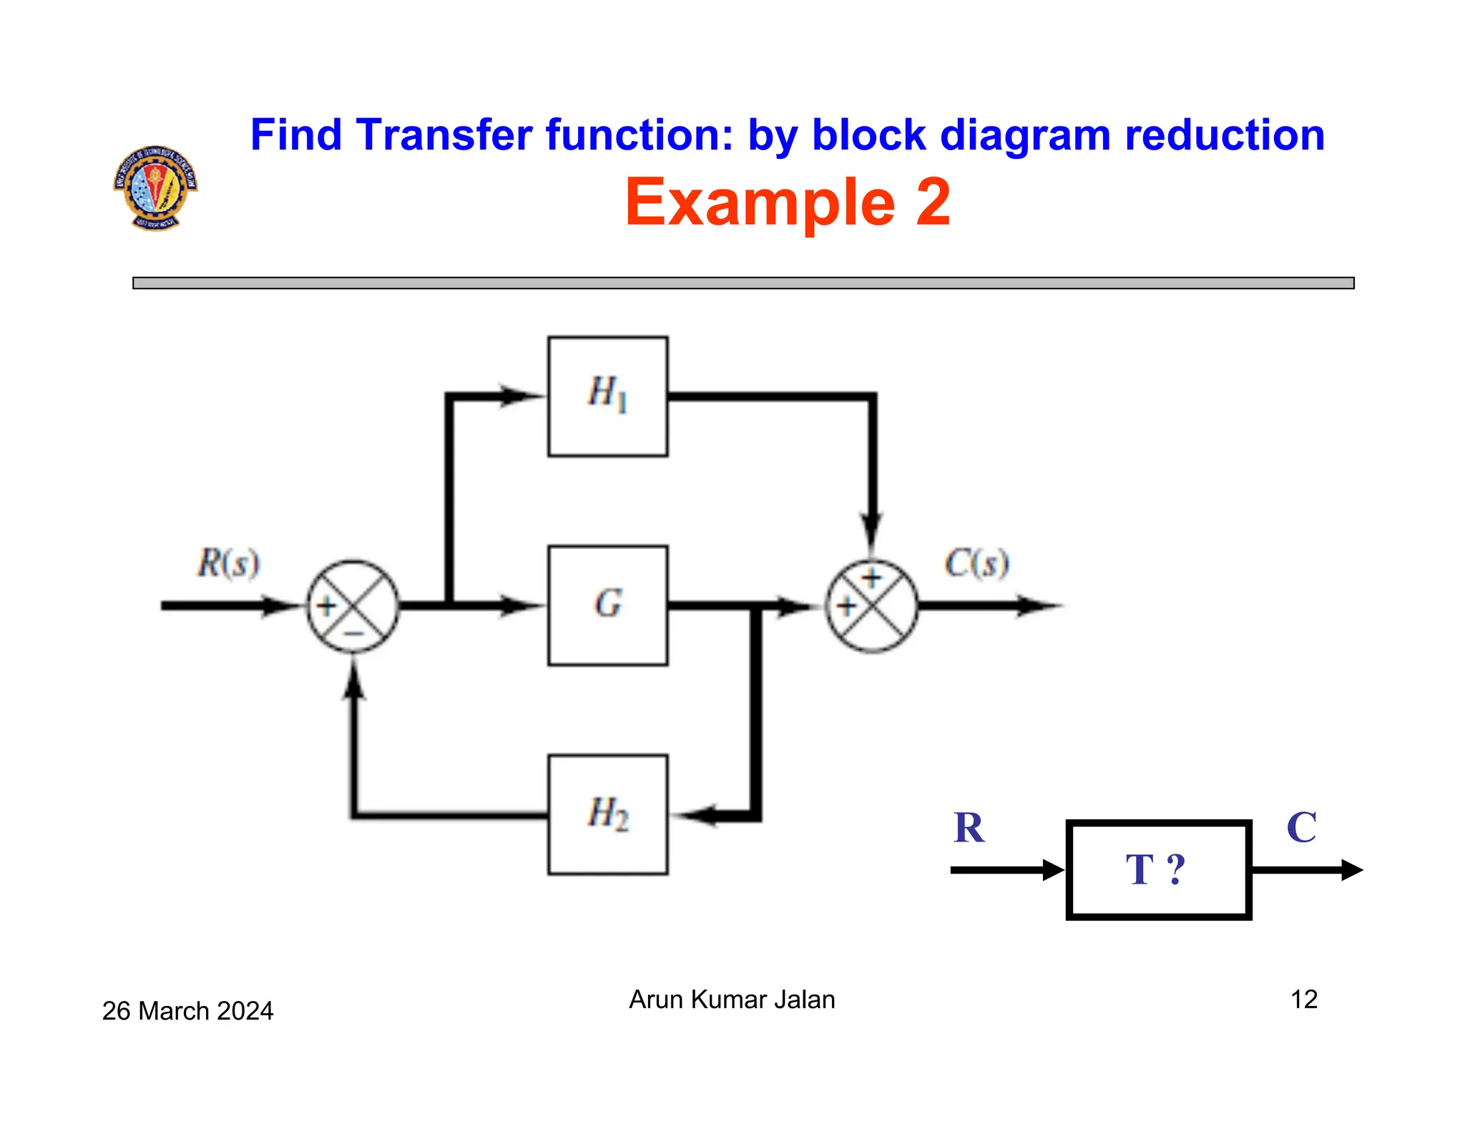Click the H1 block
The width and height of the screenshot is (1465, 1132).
tap(607, 396)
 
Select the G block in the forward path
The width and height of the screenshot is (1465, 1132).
tap(607, 605)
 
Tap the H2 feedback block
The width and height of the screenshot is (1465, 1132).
tap(607, 814)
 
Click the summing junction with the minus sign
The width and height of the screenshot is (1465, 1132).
tap(353, 606)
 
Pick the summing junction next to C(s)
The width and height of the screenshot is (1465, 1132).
tap(871, 606)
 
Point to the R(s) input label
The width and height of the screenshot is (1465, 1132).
tap(228, 563)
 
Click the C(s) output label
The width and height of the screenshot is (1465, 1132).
tap(976, 563)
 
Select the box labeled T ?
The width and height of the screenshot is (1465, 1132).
tap(1157, 869)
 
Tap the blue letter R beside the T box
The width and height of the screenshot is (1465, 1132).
tap(969, 828)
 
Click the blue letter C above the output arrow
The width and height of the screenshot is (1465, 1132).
tap(1301, 828)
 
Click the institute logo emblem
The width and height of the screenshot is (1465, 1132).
tap(155, 187)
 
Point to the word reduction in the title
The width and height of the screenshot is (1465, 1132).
tap(1224, 135)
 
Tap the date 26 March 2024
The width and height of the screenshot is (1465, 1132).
tap(187, 1010)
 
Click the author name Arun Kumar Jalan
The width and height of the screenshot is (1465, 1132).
tap(732, 999)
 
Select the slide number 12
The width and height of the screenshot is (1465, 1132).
tap(1303, 999)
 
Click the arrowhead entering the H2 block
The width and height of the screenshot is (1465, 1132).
tap(692, 815)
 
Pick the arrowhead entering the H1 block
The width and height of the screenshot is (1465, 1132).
tap(521, 396)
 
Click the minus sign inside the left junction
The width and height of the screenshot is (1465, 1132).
tap(354, 633)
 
